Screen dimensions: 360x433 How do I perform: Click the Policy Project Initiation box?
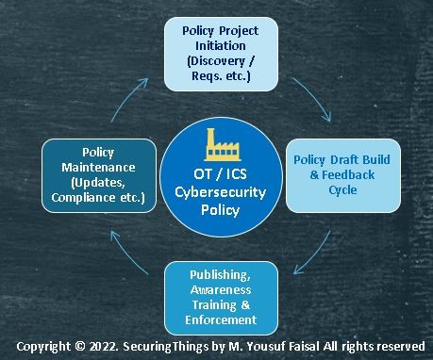click(x=220, y=54)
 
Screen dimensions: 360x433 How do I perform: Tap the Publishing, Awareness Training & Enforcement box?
click(x=222, y=294)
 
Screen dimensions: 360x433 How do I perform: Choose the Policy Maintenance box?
click(x=97, y=174)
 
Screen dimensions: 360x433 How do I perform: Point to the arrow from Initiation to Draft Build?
click(x=315, y=97)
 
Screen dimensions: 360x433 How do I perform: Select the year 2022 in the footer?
click(x=101, y=344)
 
